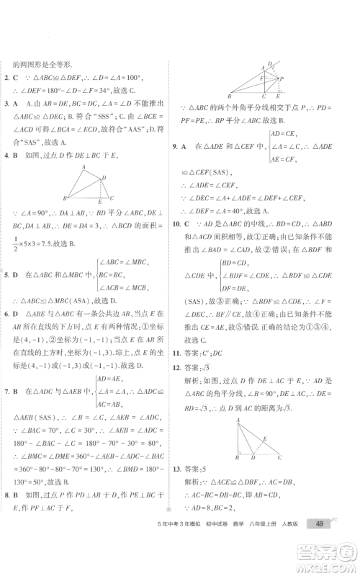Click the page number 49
click(x=318, y=544)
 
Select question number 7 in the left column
click(x=7, y=391)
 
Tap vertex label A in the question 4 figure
click(x=84, y=166)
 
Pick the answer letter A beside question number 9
click(x=195, y=146)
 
